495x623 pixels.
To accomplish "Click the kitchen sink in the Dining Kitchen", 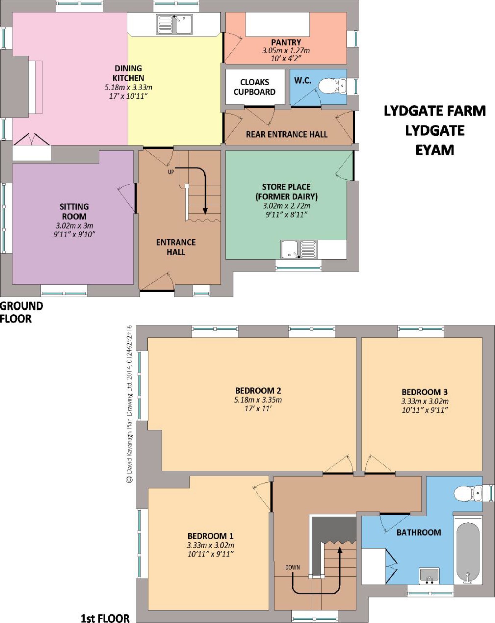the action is pyautogui.click(x=174, y=24).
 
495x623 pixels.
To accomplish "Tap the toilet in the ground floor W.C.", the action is pyautogui.click(x=332, y=86).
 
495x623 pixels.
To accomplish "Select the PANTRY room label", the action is pyautogui.click(x=286, y=42).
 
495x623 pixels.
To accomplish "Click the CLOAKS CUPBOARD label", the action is pyautogui.click(x=254, y=87).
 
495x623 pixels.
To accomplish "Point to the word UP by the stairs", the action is pyautogui.click(x=171, y=172).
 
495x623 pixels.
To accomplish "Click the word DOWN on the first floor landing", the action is pyautogui.click(x=292, y=567).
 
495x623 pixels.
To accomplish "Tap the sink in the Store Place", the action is pyautogui.click(x=299, y=249).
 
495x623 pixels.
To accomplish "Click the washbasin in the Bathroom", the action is pyautogui.click(x=429, y=576).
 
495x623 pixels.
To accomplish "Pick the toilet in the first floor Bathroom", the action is pyautogui.click(x=468, y=494).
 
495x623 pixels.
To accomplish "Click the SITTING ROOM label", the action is pyautogui.click(x=74, y=211).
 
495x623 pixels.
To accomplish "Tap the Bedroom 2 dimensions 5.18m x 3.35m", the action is pyautogui.click(x=258, y=400).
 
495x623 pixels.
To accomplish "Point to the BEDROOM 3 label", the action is pyautogui.click(x=425, y=392).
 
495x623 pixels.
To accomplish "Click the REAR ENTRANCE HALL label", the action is pyautogui.click(x=286, y=134).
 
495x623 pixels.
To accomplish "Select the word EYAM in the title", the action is pyautogui.click(x=435, y=150).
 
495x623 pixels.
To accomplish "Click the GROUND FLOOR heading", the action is pyautogui.click(x=21, y=312).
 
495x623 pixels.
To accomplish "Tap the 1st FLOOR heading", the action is pyautogui.click(x=105, y=618).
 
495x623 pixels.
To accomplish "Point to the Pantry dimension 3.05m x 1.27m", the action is pyautogui.click(x=286, y=50).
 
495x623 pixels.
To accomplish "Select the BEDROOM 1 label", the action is pyautogui.click(x=210, y=536).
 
